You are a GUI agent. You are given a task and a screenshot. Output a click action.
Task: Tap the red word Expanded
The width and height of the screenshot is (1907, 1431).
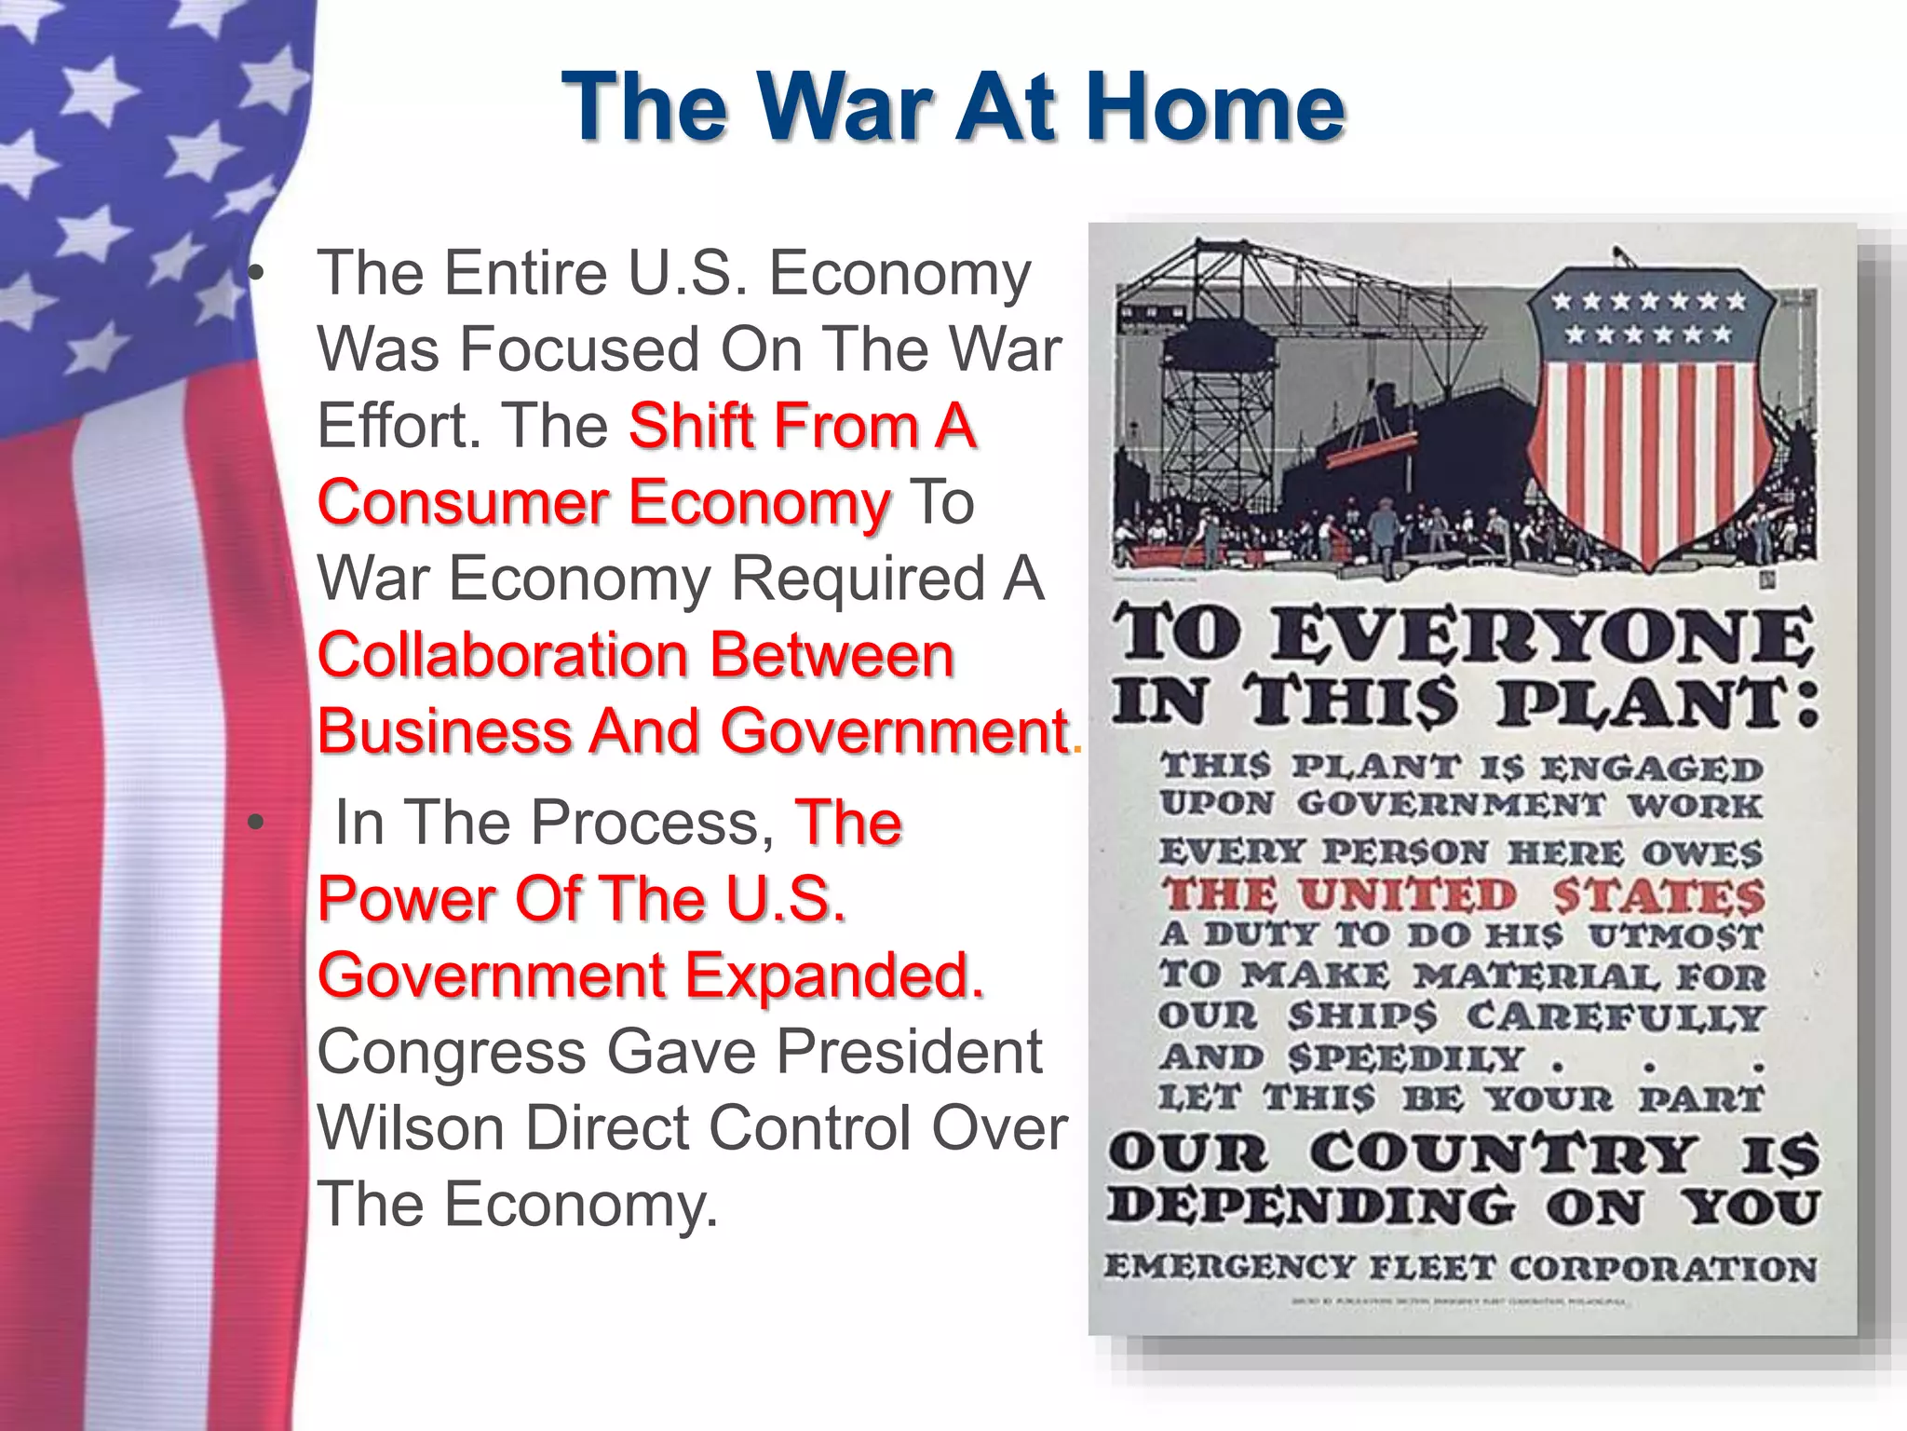834,975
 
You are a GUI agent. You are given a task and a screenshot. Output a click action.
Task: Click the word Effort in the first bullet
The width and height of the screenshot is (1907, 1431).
399,426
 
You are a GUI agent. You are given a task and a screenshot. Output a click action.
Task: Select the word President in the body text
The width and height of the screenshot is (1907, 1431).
910,1052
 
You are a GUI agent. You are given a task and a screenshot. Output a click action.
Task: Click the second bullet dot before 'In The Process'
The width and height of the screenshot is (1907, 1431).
256,824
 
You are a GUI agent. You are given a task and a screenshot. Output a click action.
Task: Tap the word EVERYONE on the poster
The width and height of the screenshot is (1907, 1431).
1542,637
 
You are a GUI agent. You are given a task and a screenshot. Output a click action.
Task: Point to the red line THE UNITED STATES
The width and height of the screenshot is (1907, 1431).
1462,895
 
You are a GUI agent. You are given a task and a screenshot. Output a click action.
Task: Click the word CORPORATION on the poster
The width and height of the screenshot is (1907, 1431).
1662,1269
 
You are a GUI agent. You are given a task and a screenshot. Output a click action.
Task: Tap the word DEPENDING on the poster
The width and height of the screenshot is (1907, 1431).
1311,1206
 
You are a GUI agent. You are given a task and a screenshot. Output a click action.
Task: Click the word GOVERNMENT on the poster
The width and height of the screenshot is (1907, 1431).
1451,805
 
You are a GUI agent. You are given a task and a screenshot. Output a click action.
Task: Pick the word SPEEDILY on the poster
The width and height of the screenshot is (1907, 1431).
1406,1058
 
